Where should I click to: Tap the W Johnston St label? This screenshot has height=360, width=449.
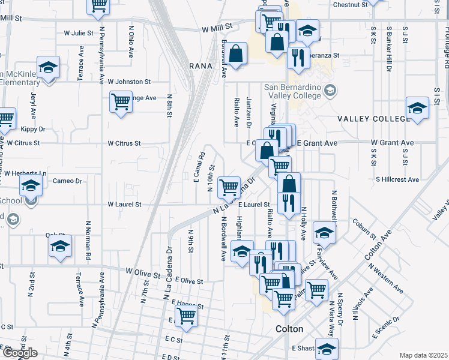pos(129,82)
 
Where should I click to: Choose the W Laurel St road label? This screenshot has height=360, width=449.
pos(124,205)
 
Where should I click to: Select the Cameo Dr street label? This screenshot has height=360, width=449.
pos(67,181)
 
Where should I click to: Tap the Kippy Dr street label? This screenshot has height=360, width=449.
pos(33,129)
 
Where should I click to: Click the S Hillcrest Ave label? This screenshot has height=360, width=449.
pos(397,179)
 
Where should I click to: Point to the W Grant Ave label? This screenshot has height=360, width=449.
pos(392,143)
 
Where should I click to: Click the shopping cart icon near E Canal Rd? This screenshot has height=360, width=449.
pos(229,187)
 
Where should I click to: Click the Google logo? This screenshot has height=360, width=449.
pos(20,353)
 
